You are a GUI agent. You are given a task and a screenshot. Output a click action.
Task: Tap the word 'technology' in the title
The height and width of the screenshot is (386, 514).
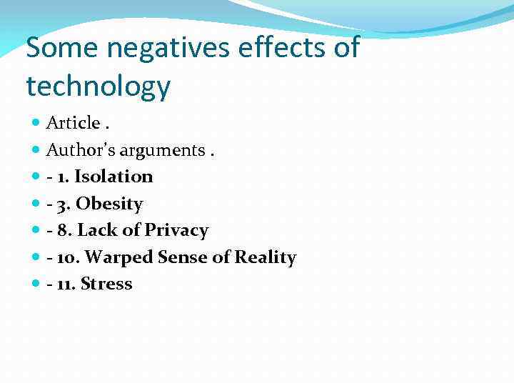98,86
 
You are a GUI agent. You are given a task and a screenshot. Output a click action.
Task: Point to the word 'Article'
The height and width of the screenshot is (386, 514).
73,123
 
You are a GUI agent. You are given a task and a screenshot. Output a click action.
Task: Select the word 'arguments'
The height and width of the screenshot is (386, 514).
162,150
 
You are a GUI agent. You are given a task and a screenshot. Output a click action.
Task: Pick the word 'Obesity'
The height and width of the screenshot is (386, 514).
109,204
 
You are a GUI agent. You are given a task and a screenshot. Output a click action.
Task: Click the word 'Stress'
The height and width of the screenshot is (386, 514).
106,284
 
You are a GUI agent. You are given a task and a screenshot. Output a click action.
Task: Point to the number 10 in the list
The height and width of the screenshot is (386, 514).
66,257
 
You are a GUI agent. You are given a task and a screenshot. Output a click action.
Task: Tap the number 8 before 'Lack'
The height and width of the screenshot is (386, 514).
63,230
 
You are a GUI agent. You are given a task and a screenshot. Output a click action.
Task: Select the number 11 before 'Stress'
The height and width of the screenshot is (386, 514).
65,284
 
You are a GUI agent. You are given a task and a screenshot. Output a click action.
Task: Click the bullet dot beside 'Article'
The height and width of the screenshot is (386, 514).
36,124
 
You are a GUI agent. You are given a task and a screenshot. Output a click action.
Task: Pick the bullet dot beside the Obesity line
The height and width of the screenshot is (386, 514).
36,204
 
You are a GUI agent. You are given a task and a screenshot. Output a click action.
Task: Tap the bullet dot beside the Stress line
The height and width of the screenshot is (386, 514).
36,284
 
